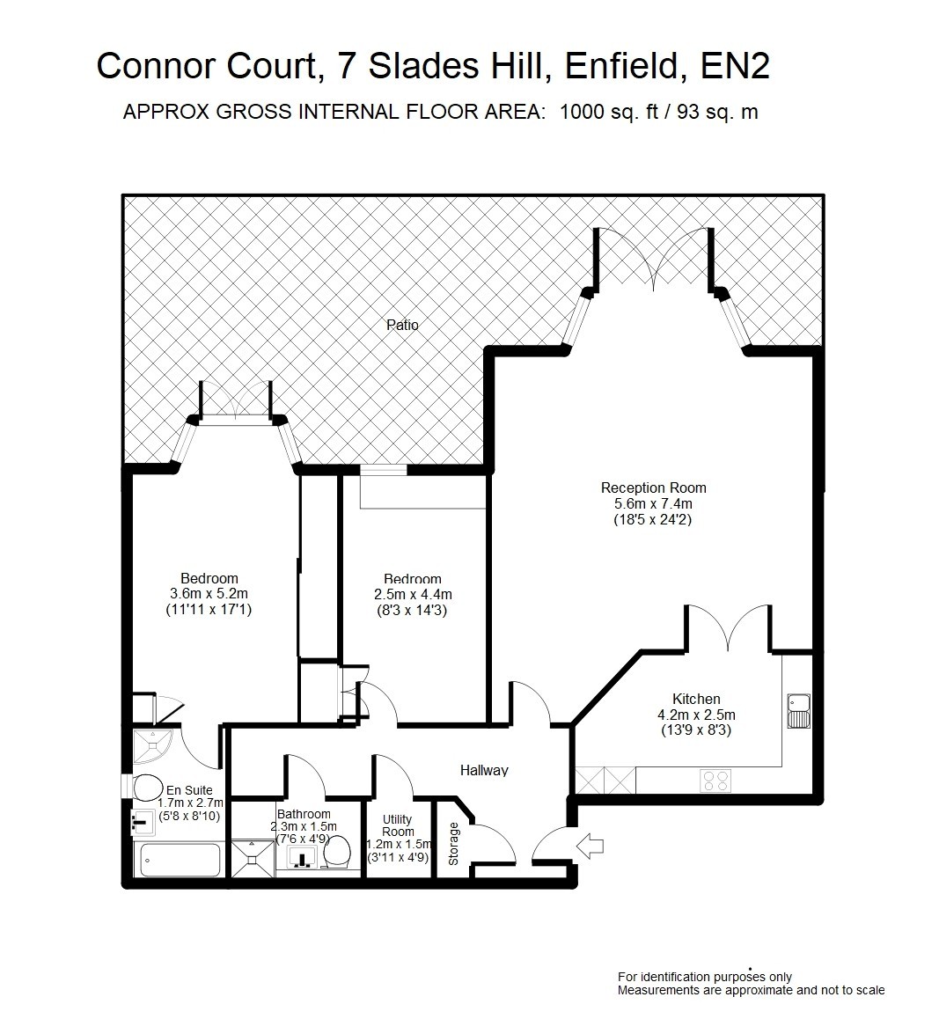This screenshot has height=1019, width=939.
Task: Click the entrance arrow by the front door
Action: (x=590, y=847)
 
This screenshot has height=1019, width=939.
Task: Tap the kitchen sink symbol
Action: (x=798, y=711)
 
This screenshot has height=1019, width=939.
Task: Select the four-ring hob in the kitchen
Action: (x=715, y=781)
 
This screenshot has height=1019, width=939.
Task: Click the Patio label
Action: (x=402, y=325)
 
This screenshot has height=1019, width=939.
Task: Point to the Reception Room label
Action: (x=653, y=488)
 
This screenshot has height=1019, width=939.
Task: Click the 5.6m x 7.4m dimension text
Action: (x=653, y=503)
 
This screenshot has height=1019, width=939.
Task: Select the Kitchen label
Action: (x=696, y=700)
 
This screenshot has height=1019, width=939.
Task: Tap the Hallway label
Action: (x=484, y=771)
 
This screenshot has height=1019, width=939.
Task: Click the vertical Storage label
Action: (x=453, y=844)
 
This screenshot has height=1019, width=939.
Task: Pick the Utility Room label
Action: (x=398, y=825)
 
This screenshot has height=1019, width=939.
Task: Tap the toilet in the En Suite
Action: (x=147, y=788)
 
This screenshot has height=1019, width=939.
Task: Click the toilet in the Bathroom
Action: (x=336, y=852)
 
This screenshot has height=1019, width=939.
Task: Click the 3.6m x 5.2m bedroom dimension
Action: (x=209, y=594)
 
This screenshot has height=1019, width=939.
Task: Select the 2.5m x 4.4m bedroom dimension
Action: (x=413, y=595)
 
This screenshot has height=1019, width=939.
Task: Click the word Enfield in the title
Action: (x=620, y=66)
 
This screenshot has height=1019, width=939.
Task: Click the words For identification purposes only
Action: (x=705, y=977)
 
